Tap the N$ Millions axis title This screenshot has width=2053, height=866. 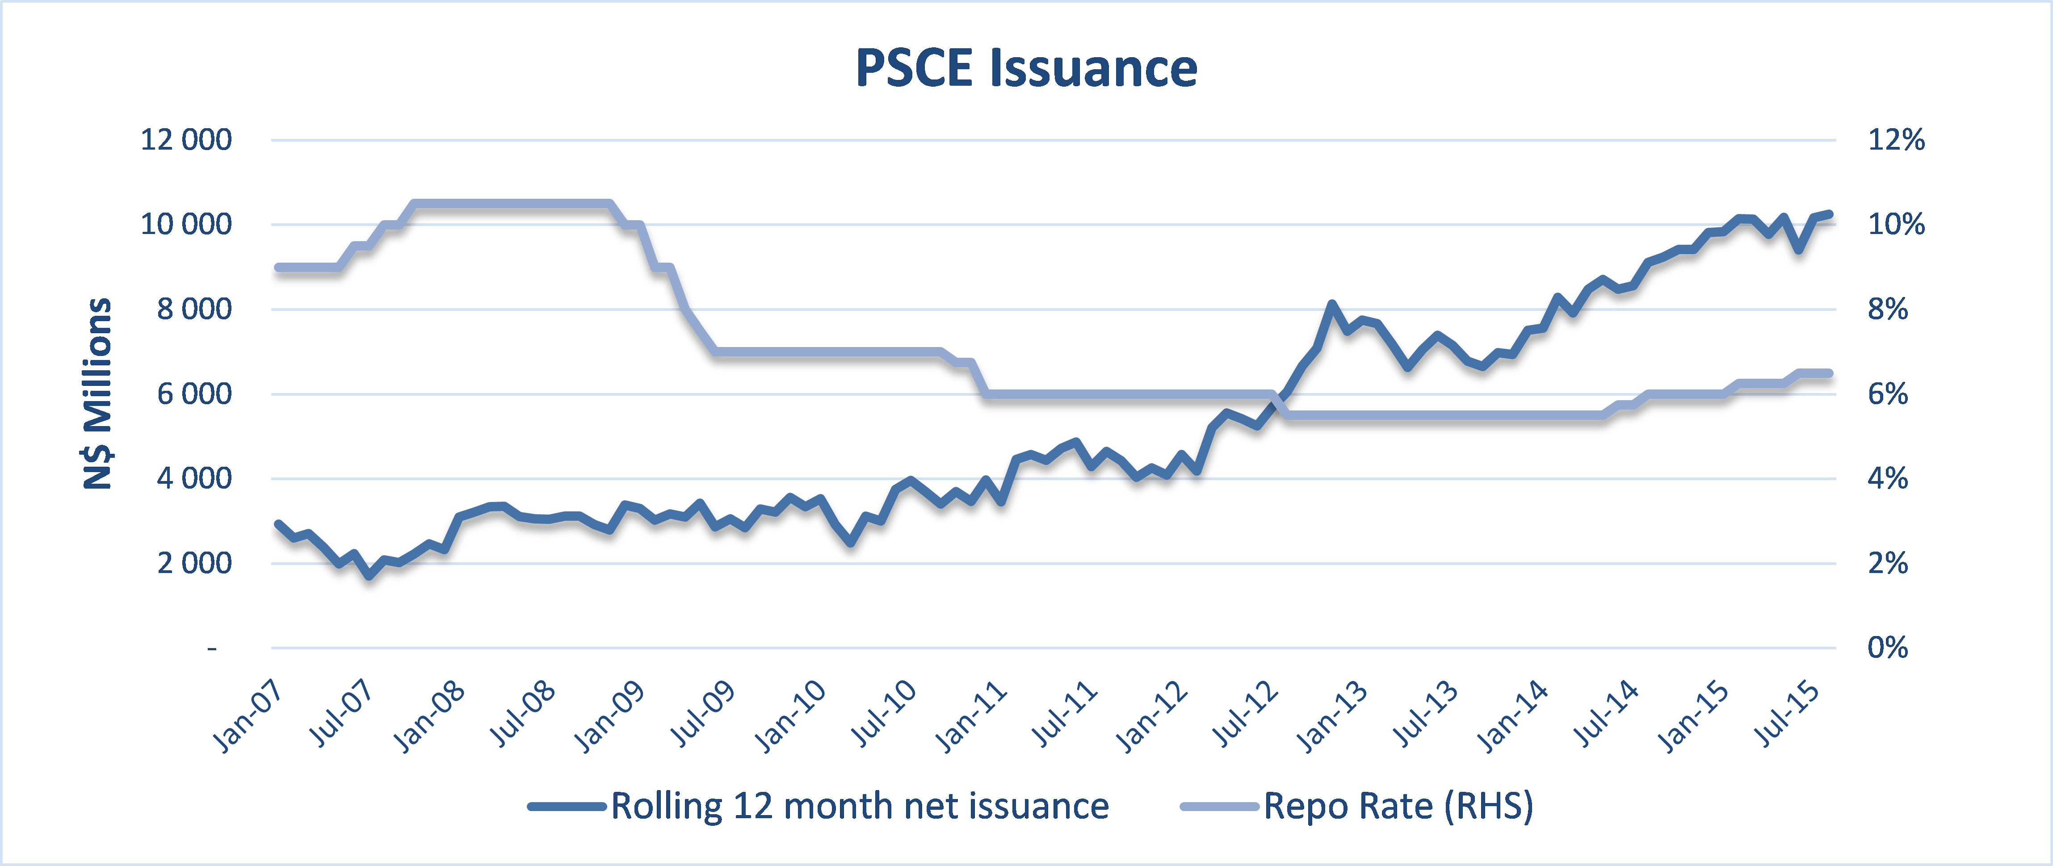(x=98, y=393)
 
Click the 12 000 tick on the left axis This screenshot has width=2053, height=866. (x=186, y=140)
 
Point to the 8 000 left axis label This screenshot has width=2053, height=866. (x=193, y=309)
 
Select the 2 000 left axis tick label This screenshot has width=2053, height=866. (x=193, y=563)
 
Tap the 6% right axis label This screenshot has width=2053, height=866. (x=1887, y=393)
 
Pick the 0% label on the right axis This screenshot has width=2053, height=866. (x=1887, y=648)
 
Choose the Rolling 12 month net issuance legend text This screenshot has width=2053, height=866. (x=859, y=806)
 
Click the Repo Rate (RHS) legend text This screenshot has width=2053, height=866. (x=1398, y=806)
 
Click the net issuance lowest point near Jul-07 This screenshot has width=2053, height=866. (x=369, y=575)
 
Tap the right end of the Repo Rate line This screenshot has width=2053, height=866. (x=1830, y=373)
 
